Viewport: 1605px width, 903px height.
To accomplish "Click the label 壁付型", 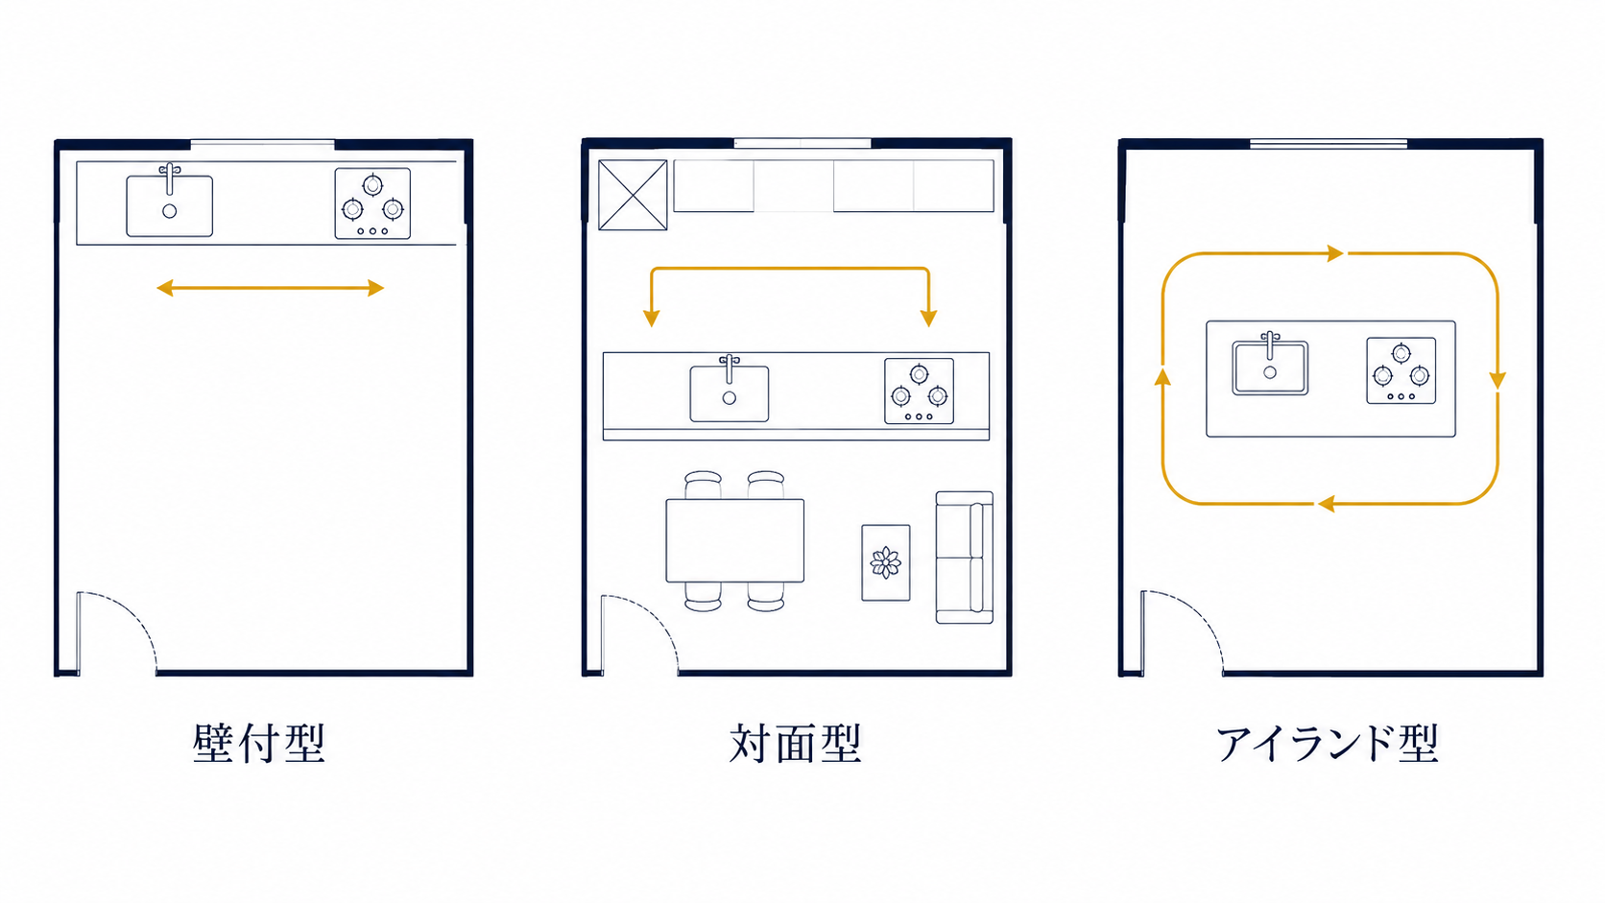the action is [x=259, y=744].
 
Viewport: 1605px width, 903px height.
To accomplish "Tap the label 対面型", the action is [x=796, y=744].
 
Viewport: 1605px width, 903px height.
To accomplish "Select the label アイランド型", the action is [x=1328, y=744].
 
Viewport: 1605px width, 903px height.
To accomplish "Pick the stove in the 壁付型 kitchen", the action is [x=372, y=203].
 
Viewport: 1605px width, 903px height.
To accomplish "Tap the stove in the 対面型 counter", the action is [x=920, y=391].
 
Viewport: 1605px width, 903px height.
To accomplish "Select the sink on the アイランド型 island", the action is [x=1270, y=365].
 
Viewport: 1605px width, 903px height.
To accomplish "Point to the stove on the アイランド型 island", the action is [x=1401, y=371].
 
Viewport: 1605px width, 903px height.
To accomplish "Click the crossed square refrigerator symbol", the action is [x=633, y=195].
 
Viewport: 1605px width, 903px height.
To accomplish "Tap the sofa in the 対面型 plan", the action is [x=965, y=558].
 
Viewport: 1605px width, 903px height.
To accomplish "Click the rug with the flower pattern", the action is [x=886, y=563].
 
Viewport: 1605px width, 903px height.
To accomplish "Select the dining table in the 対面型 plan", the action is [x=735, y=540].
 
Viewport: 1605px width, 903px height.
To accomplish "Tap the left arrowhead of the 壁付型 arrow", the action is [x=165, y=288].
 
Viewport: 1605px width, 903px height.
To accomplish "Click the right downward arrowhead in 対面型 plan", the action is [x=928, y=319].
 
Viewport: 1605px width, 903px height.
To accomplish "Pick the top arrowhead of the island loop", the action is [x=1335, y=252].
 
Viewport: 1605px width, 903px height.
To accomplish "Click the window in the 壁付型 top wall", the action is [x=262, y=145].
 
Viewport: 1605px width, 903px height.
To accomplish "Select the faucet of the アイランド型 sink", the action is [x=1270, y=344].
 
